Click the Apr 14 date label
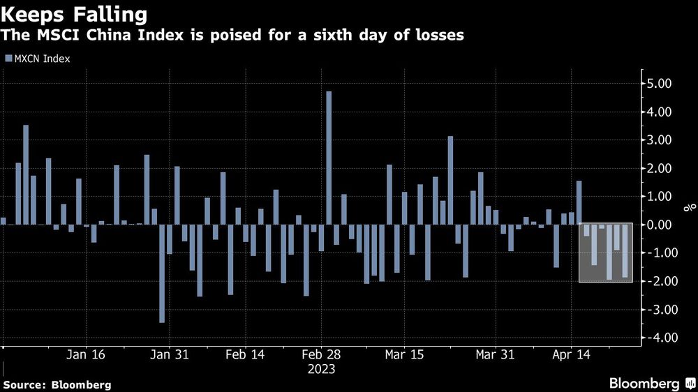[571, 354]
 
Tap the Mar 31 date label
[494, 354]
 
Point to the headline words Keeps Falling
[75, 14]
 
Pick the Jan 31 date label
[171, 354]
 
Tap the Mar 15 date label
[404, 354]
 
